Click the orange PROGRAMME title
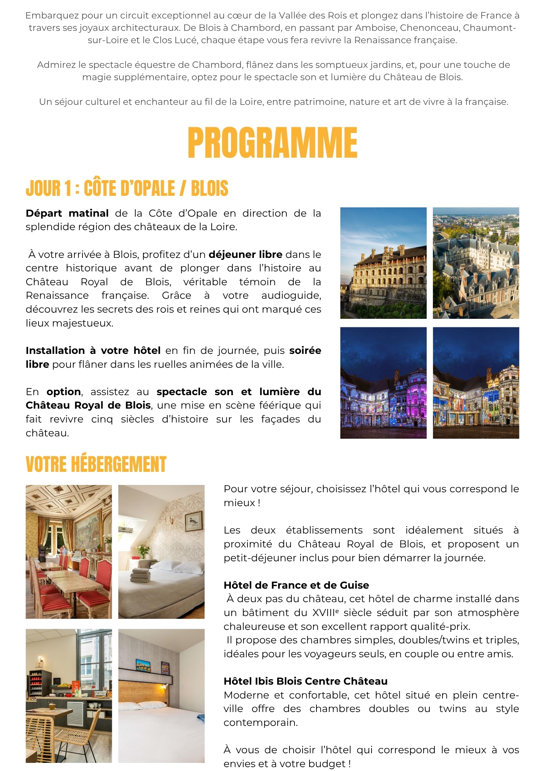coord(272,143)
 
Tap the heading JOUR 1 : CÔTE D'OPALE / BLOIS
coord(127,189)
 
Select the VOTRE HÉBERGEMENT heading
coord(96,464)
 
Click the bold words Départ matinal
coord(67,213)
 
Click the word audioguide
coord(291,295)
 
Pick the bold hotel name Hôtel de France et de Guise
coord(296,585)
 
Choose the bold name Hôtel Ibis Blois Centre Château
coord(305,681)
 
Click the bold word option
coord(64,392)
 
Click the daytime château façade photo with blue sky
coord(383,263)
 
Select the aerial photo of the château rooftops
coord(476,263)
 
